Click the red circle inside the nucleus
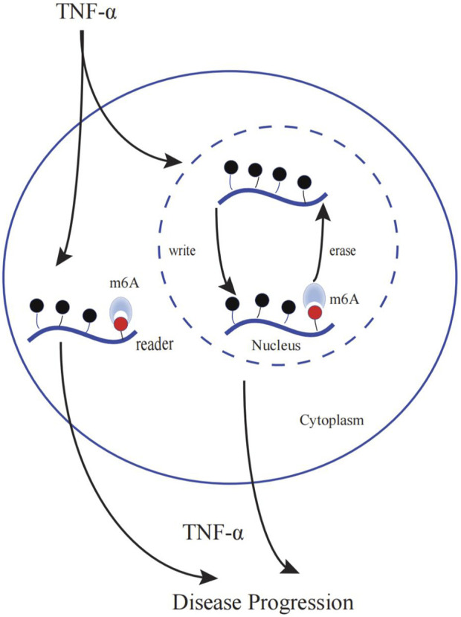[315, 312]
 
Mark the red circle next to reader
[120, 323]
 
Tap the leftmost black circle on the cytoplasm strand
[35, 305]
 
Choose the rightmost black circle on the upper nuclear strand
[303, 182]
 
